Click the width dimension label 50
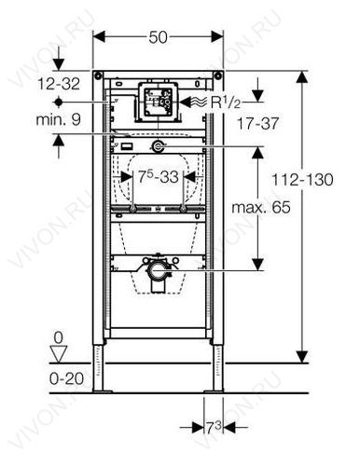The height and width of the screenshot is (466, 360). [x=158, y=37]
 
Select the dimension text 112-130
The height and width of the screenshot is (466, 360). [x=302, y=180]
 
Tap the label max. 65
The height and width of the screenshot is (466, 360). [x=261, y=207]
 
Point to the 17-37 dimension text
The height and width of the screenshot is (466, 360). [x=257, y=124]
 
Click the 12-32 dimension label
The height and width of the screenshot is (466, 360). [x=59, y=84]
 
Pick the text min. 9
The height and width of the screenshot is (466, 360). [x=59, y=119]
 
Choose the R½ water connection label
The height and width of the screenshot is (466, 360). [x=226, y=103]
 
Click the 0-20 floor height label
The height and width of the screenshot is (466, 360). [x=67, y=378]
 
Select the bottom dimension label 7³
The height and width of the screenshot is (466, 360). [x=214, y=428]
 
